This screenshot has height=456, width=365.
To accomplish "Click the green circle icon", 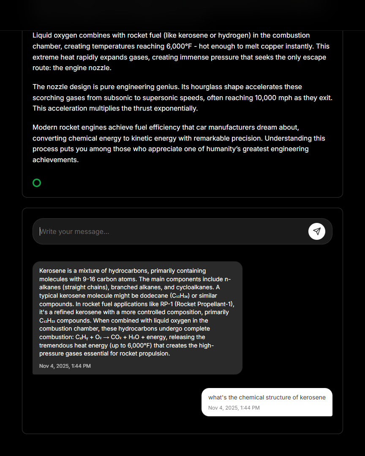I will coord(37,183).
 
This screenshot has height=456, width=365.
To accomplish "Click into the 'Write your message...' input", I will coord(169,231).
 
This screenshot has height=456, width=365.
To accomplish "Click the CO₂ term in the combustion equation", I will coord(116,337).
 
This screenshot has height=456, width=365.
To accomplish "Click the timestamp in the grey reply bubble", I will coord(65,366).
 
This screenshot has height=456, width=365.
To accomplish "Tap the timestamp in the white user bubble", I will coord(234,408).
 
